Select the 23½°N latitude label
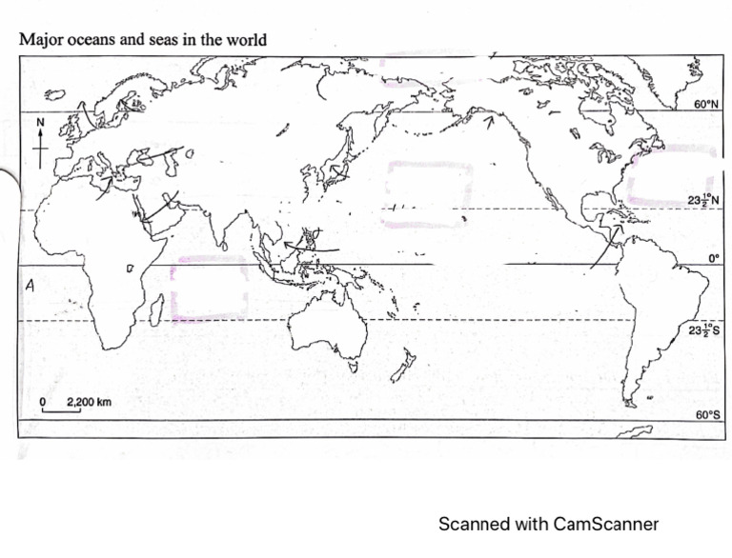click(702, 200)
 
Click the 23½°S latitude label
click(702, 329)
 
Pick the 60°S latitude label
click(706, 415)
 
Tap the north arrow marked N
click(41, 143)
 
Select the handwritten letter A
click(30, 284)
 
